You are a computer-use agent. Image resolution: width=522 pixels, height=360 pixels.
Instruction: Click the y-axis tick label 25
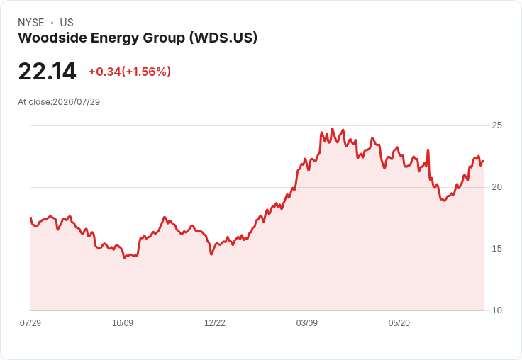point(496,125)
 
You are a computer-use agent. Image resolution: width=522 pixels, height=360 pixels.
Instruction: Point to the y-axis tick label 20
point(496,187)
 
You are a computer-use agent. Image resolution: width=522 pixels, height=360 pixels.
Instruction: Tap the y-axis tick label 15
point(496,249)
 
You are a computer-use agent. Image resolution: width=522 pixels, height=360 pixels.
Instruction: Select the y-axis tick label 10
point(496,310)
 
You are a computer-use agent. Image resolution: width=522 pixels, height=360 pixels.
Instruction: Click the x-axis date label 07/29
point(30,322)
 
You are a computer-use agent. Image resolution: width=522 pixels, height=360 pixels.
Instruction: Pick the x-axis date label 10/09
point(123,322)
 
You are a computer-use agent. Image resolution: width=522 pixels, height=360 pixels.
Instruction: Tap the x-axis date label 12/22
point(215,322)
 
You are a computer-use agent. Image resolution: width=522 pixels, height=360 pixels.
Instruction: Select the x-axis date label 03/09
point(307,322)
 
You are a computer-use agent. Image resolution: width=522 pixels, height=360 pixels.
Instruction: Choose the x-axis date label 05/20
point(399,322)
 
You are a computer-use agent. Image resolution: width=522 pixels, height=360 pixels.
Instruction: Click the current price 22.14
point(48,72)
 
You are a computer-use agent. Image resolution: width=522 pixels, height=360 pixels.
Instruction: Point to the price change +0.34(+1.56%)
point(130,72)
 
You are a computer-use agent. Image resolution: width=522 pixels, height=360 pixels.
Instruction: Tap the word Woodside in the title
point(52,38)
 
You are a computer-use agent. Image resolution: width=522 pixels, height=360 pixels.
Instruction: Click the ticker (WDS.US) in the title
point(223,38)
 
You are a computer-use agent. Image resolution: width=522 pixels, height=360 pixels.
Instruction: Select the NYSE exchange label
point(31,23)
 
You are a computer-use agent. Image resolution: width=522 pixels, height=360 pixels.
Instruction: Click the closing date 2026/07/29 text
point(76,102)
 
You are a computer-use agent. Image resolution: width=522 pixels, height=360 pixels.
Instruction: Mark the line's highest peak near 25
point(332,128)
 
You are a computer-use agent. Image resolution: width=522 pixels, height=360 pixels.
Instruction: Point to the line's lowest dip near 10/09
point(125,258)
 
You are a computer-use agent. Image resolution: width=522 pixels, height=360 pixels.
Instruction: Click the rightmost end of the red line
point(484,162)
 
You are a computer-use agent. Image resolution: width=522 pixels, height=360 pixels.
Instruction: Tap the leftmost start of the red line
point(30,218)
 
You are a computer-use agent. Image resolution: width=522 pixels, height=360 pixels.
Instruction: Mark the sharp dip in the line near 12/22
point(211,254)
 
